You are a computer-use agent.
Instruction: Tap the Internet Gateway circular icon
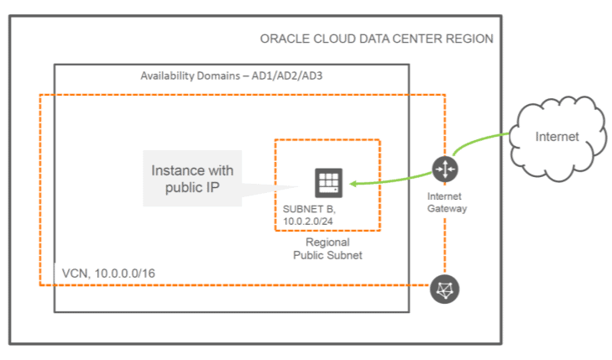click(x=444, y=170)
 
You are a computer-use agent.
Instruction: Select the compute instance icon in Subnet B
click(x=328, y=183)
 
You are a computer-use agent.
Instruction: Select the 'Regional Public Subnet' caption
click(x=327, y=248)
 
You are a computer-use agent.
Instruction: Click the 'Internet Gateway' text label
click(x=444, y=202)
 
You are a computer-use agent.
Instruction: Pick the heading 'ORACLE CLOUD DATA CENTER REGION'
click(x=377, y=39)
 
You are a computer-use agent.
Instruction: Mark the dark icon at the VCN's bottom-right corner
click(x=444, y=289)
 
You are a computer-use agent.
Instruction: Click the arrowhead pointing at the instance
click(x=353, y=183)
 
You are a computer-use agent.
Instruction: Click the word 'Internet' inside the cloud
click(x=557, y=136)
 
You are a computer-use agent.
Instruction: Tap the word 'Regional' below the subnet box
click(x=327, y=242)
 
